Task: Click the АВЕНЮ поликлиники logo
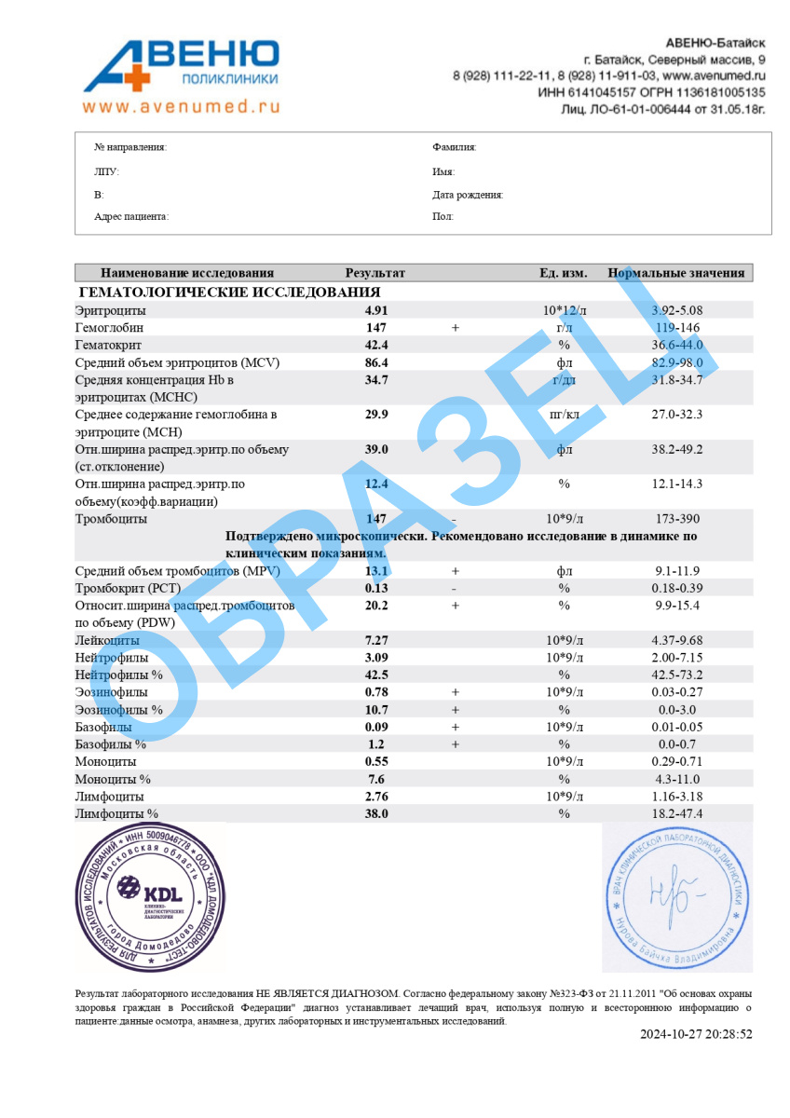tap(182, 65)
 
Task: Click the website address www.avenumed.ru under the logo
tap(181, 106)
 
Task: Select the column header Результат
tap(375, 273)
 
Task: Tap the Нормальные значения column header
tap(676, 273)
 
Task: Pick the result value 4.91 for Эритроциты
tap(375, 310)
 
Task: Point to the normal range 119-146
tap(677, 328)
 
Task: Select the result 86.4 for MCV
tap(375, 362)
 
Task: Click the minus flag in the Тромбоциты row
tap(454, 518)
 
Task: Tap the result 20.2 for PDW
tap(375, 606)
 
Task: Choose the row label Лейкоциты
tap(107, 640)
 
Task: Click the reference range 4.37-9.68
tap(677, 640)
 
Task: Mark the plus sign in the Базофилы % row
tap(455, 744)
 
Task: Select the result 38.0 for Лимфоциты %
tap(375, 813)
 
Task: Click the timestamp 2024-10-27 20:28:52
tap(696, 1034)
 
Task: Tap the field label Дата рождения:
tap(468, 195)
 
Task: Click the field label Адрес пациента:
tap(131, 217)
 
